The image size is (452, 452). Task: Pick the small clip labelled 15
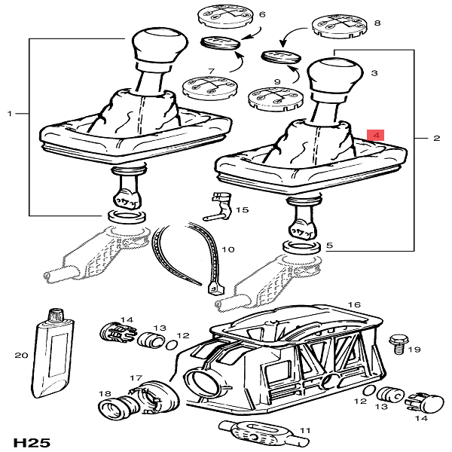220,207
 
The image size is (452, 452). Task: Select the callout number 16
354,305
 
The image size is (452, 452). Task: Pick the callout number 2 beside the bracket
437,139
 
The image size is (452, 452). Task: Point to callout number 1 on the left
10,114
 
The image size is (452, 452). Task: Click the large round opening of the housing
206,377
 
